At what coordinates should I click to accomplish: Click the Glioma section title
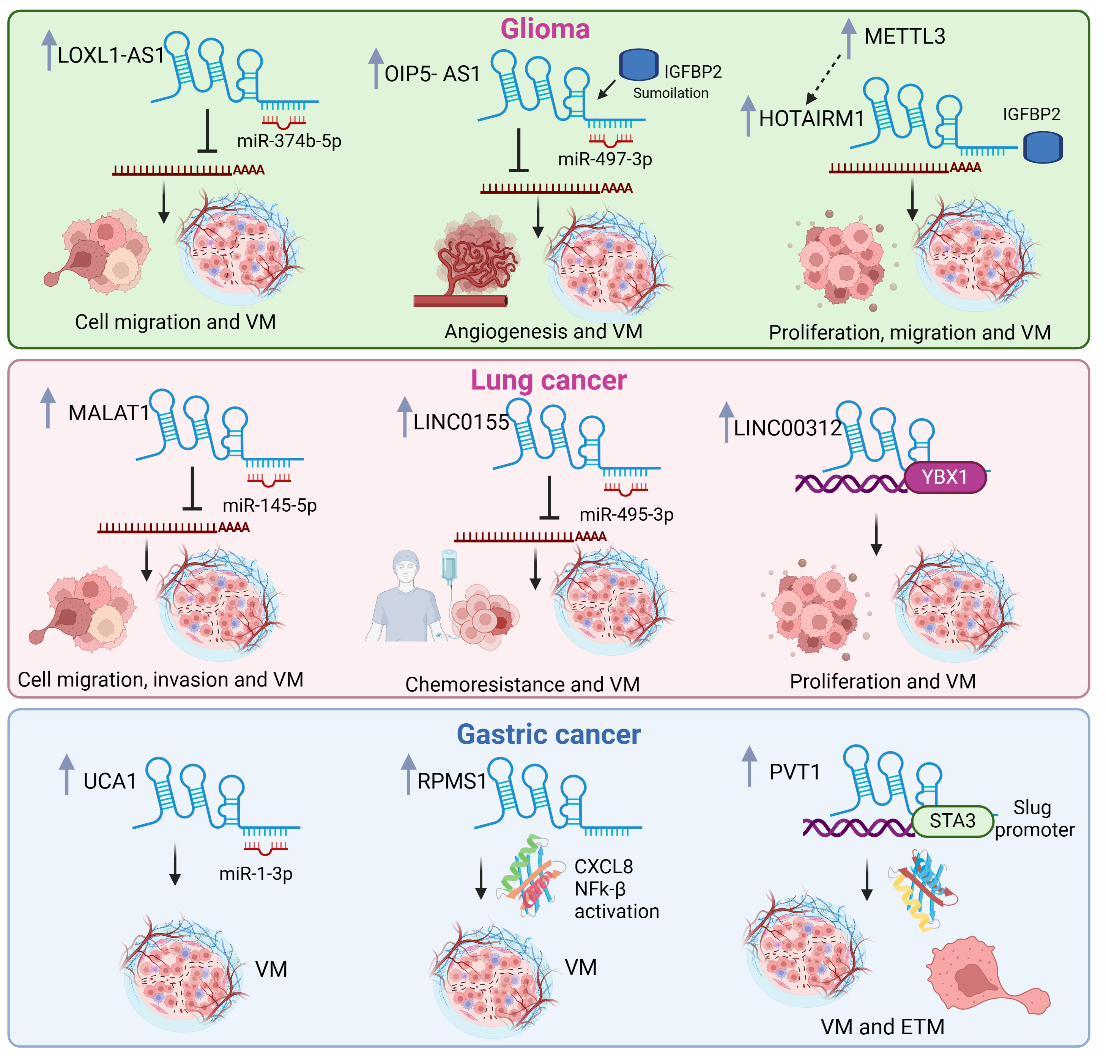[545, 29]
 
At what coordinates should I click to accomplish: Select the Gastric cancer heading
[548, 734]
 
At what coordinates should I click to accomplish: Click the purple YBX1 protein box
[945, 477]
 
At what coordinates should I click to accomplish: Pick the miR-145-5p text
[270, 505]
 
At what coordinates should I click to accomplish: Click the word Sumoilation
[670, 93]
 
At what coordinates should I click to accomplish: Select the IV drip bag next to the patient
[449, 567]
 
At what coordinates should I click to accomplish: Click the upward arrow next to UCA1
[66, 774]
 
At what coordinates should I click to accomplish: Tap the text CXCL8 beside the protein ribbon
[603, 866]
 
